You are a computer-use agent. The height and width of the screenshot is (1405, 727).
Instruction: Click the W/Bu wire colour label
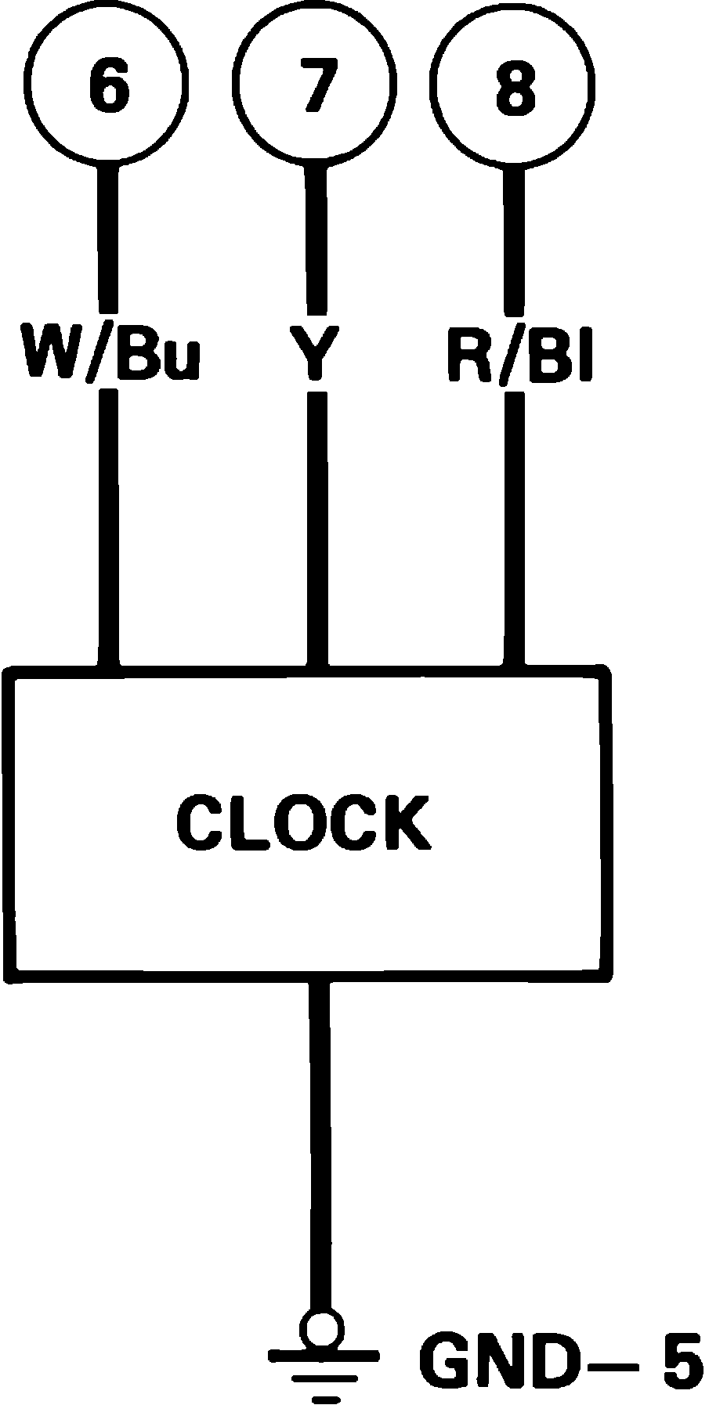(110, 354)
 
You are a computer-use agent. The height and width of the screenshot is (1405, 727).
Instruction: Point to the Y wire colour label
(316, 354)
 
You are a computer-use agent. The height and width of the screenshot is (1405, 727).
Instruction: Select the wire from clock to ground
(319, 1143)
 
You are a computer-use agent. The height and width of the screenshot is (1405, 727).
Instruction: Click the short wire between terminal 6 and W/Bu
(107, 235)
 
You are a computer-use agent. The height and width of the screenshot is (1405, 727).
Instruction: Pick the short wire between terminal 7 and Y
(316, 235)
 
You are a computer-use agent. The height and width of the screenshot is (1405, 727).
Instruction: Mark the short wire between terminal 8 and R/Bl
(514, 235)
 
